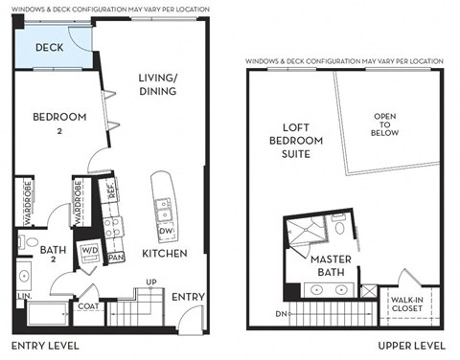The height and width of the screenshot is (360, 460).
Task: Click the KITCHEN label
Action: pyautogui.click(x=164, y=254)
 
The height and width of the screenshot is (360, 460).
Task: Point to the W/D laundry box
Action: pyautogui.click(x=90, y=254)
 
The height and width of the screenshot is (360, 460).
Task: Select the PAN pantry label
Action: pyautogui.click(x=116, y=258)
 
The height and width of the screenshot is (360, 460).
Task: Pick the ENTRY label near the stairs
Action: pyautogui.click(x=187, y=298)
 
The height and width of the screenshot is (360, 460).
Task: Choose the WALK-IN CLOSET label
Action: pyautogui.click(x=414, y=304)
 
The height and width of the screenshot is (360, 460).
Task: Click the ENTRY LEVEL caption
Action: pyautogui.click(x=45, y=345)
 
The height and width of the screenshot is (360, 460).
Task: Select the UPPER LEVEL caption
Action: pyautogui.click(x=411, y=345)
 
